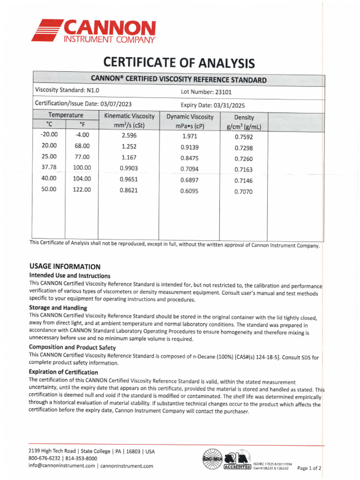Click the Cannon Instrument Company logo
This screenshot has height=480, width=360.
coord(93,31)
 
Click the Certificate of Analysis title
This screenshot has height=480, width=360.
coord(179,63)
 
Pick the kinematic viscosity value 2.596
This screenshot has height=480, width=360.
coord(129,135)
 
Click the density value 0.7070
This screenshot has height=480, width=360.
coord(243,192)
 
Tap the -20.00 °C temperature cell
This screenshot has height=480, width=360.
coord(49,135)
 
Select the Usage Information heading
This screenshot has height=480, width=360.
coord(65,266)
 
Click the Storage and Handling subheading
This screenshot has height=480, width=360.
coord(58,308)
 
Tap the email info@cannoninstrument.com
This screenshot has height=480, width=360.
coord(63,465)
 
